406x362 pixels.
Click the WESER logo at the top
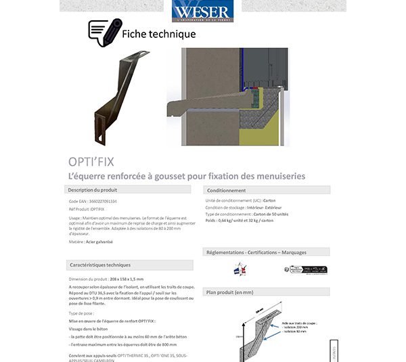202,12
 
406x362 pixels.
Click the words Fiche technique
159,34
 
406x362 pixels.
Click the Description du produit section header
93,190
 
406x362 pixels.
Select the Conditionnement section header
227,190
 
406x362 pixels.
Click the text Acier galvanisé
99,242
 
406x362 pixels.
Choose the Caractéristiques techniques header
99,265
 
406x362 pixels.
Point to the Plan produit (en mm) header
230,292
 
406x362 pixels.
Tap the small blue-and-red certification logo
238,269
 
